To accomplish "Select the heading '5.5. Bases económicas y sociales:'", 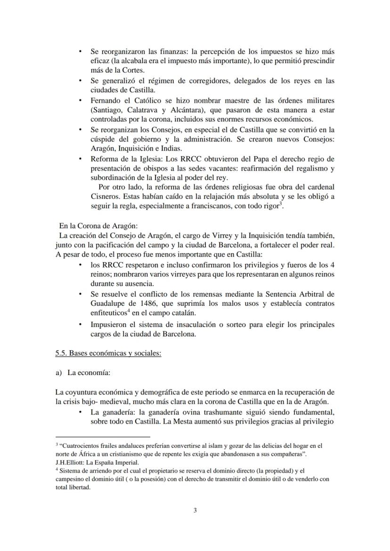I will [108, 353].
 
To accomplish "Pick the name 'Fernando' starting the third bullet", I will [106, 100].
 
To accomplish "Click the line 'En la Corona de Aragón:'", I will [97, 226].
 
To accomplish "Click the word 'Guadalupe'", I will [108, 303].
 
